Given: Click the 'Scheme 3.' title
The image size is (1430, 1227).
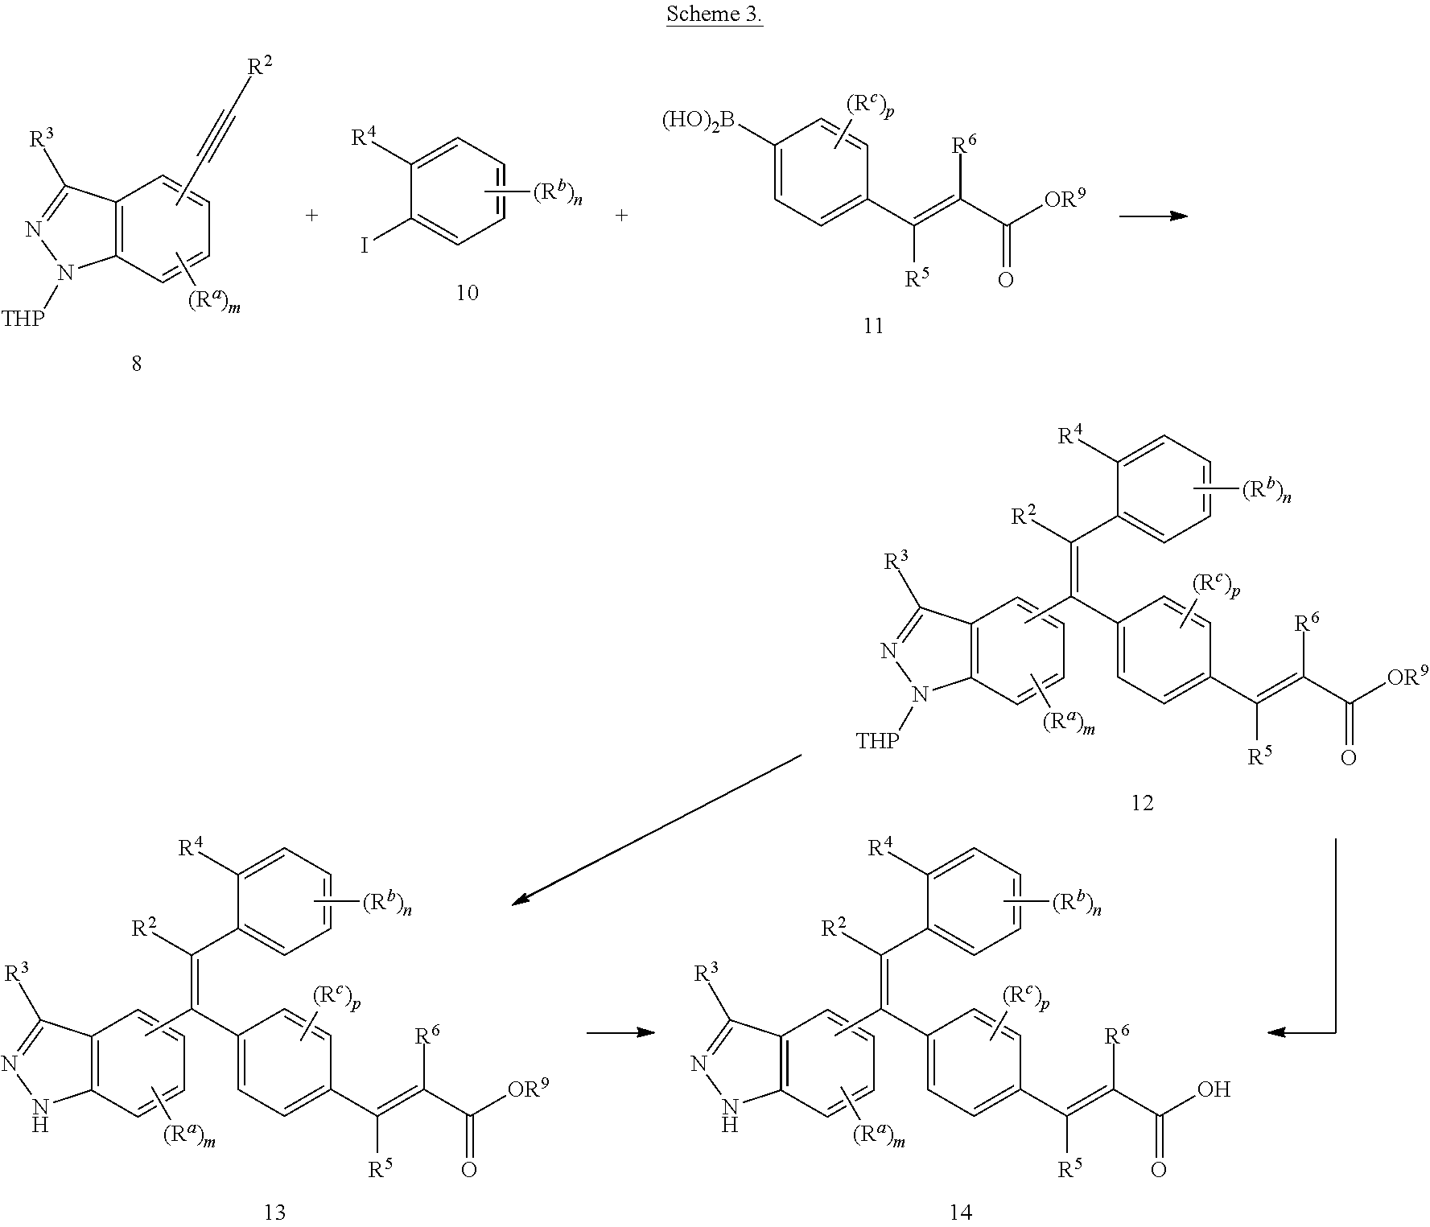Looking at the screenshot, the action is click(x=714, y=17).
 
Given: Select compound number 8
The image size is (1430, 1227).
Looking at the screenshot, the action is click(x=136, y=364).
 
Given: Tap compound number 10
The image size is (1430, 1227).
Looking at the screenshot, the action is click(x=467, y=293).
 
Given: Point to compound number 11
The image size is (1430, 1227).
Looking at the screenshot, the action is click(x=873, y=326).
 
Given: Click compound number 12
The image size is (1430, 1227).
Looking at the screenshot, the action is click(x=1142, y=802).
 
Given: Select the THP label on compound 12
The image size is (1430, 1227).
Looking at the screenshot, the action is click(x=876, y=740).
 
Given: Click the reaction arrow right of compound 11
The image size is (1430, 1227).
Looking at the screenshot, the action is click(x=1153, y=216).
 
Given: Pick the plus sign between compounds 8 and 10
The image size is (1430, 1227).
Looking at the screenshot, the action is click(x=311, y=216).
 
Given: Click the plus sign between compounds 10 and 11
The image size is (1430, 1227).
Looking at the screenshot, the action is click(x=621, y=216).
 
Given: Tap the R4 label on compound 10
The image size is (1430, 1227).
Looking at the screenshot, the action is click(x=365, y=139).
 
